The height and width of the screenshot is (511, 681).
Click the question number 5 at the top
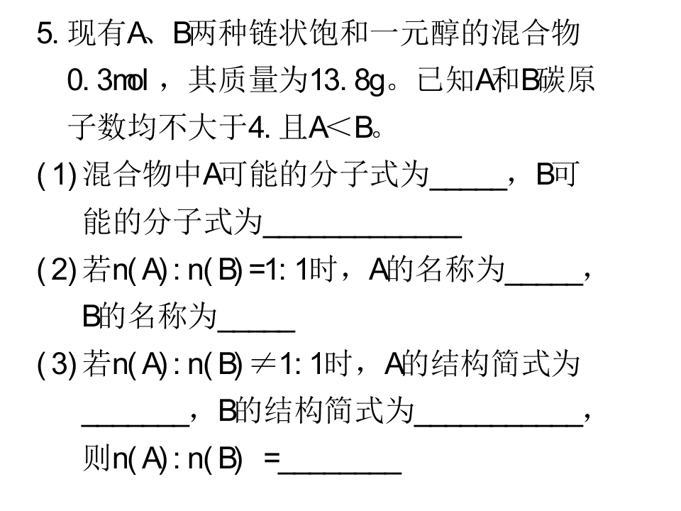[48, 33]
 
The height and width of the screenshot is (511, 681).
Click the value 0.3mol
[108, 80]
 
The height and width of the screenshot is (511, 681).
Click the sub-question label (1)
[57, 175]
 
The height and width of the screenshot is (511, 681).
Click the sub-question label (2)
[57, 270]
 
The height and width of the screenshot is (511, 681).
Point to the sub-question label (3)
[57, 363]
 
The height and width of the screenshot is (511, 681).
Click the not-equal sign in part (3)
[263, 364]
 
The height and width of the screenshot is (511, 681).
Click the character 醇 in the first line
[445, 33]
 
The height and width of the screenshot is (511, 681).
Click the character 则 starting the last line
[96, 458]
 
